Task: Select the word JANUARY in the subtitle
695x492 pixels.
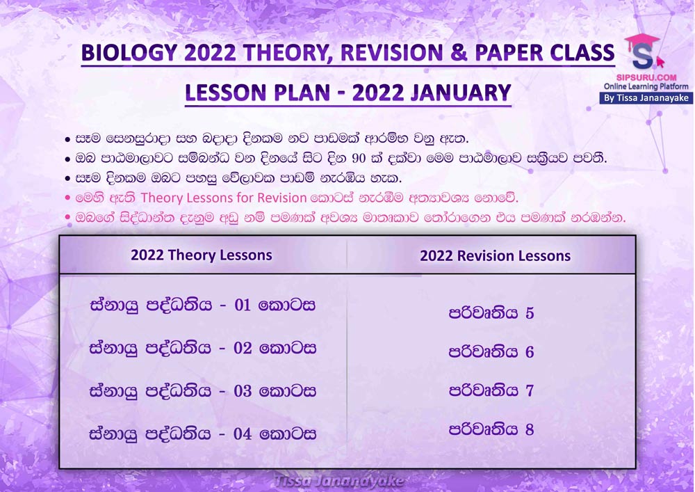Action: point(461,93)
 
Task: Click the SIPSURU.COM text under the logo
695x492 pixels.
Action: point(646,78)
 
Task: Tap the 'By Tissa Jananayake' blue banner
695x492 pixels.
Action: point(646,97)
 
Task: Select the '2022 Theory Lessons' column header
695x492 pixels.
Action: point(202,255)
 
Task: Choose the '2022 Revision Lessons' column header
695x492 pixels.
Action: point(495,255)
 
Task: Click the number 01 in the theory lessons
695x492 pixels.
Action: point(243,305)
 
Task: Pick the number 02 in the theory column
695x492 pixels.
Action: point(243,348)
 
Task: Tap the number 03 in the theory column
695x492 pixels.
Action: point(243,391)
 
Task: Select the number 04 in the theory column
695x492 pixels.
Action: point(243,434)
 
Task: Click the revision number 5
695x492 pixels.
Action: point(530,313)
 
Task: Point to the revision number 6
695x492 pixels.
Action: point(530,352)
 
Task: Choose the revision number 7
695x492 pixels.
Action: point(530,391)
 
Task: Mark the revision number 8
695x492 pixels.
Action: point(530,429)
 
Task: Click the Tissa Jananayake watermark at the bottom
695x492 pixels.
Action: point(339,482)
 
